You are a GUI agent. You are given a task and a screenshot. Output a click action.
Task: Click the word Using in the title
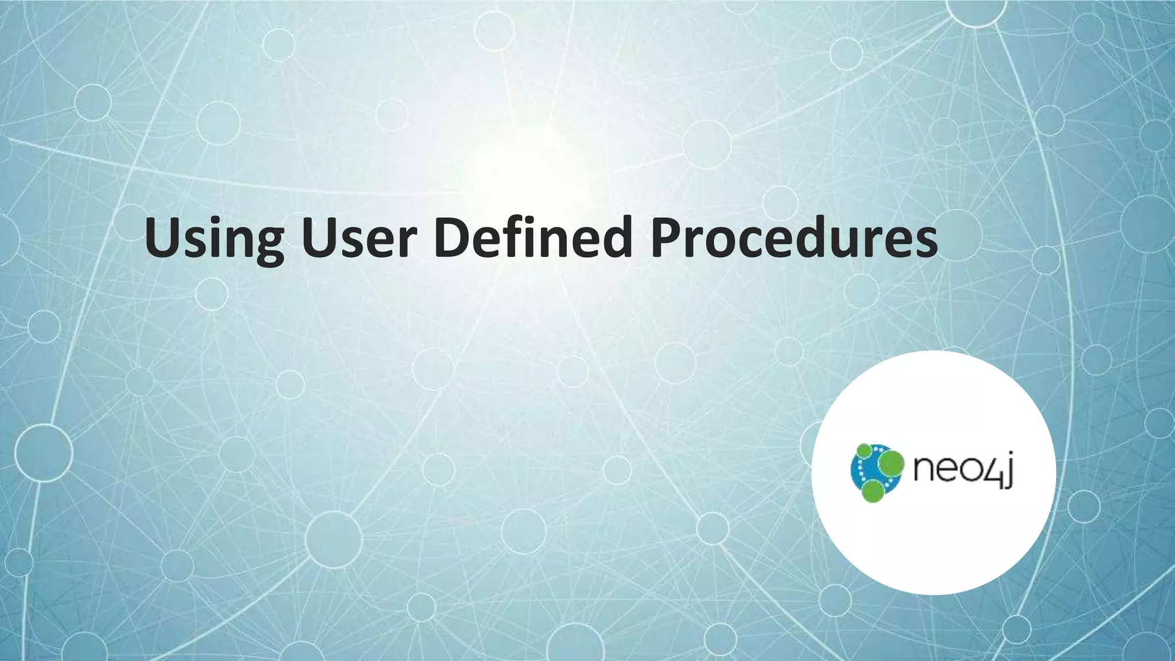pos(214,238)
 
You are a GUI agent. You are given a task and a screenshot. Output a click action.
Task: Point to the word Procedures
pos(794,238)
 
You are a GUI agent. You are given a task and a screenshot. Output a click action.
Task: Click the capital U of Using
pos(165,236)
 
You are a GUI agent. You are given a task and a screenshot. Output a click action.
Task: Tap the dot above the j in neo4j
pos(1009,457)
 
